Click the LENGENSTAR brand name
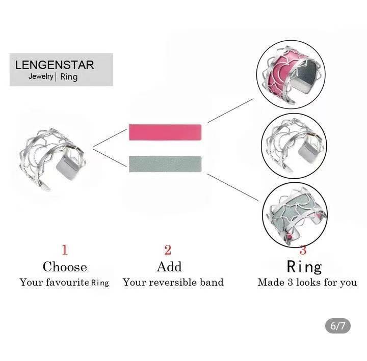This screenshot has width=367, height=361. [55, 65]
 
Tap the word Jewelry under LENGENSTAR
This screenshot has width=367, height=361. [41, 76]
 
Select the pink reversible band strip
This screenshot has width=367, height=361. [165, 132]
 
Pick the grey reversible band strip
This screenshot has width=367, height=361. [165, 164]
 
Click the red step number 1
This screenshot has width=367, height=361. [65, 249]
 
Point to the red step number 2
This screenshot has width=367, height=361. [168, 249]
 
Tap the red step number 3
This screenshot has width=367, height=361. [303, 250]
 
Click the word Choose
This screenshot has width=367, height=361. [65, 267]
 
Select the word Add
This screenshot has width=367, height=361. [169, 267]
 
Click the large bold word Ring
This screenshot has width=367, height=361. [304, 267]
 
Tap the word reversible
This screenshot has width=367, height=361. [173, 282]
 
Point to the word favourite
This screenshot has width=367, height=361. [67, 282]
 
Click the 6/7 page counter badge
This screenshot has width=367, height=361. [338, 326]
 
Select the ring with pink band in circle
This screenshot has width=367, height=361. [292, 75]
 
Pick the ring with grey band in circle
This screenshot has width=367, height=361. [295, 215]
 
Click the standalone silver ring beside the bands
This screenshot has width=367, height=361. [53, 159]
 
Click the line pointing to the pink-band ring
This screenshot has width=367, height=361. [230, 110]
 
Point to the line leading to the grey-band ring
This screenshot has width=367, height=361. [232, 187]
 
